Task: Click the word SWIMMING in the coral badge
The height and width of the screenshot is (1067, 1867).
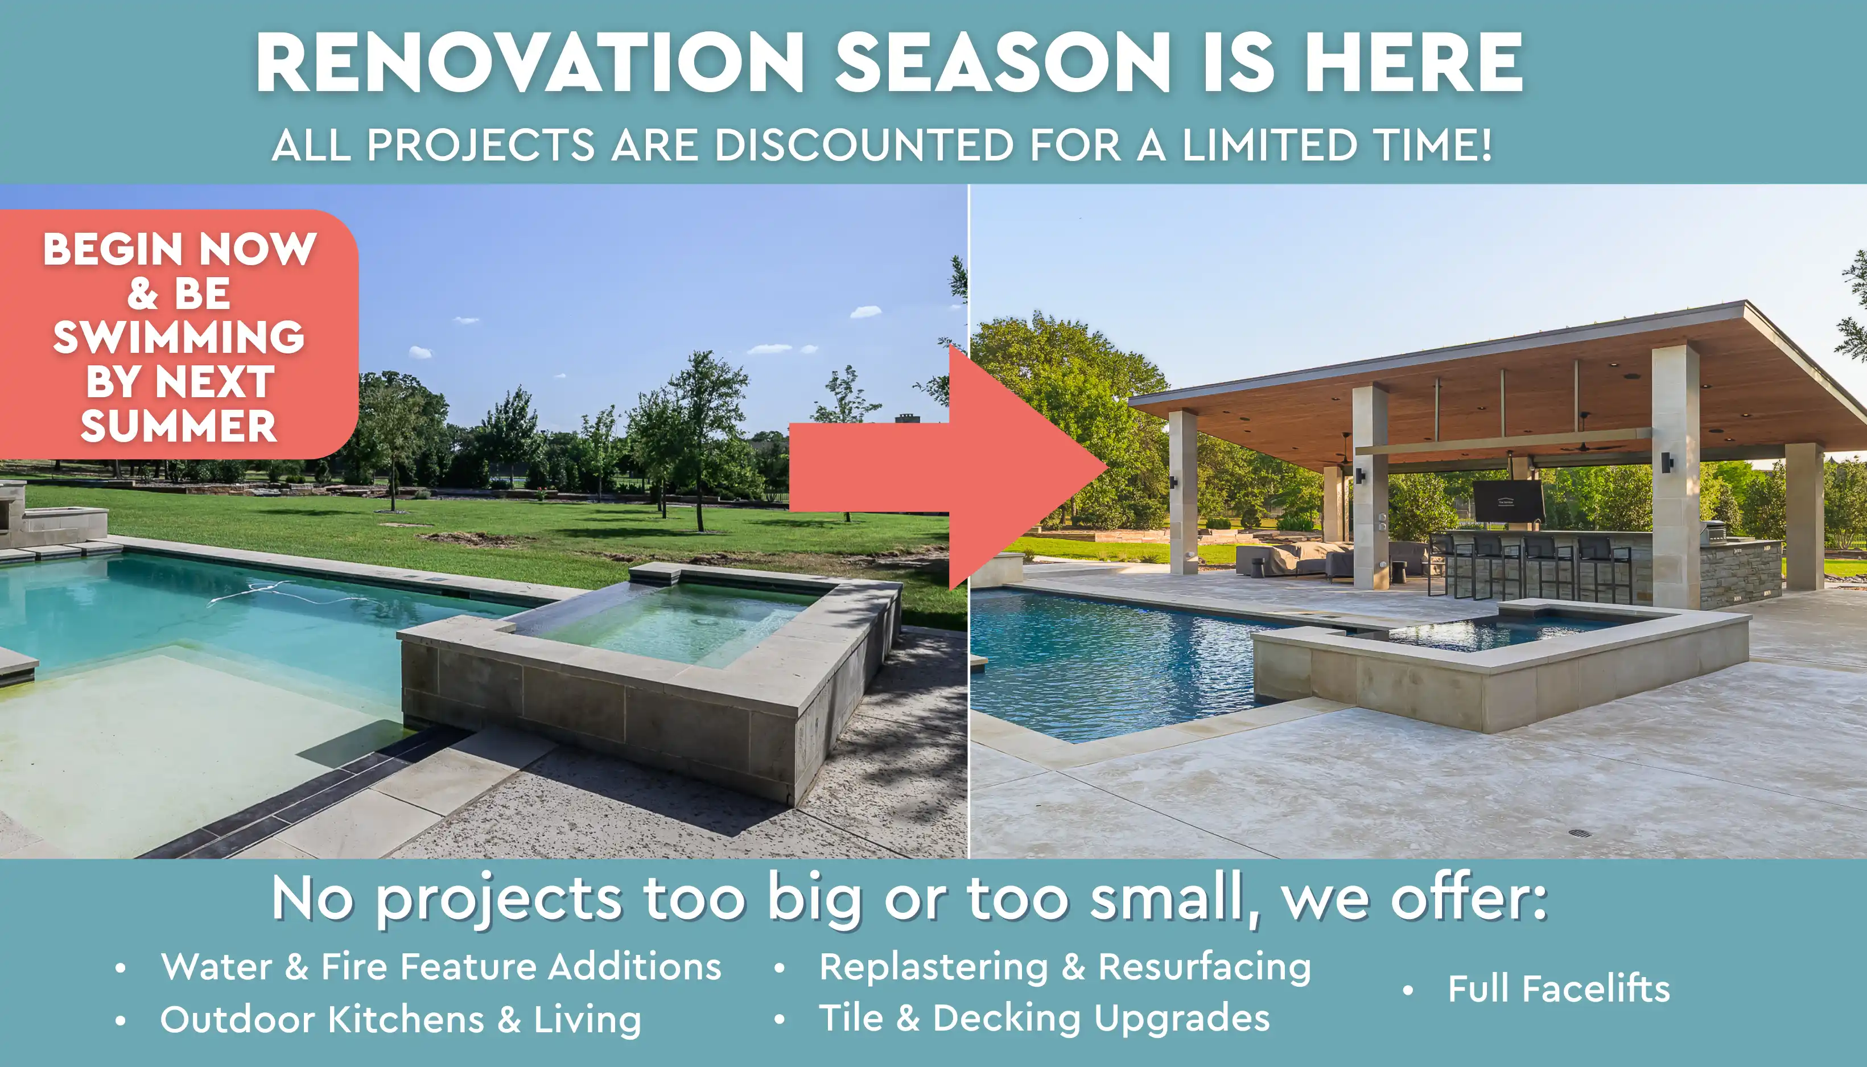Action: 179,337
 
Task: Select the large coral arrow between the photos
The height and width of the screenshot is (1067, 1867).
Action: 949,467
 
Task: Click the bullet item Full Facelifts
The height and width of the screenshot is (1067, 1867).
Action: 1559,988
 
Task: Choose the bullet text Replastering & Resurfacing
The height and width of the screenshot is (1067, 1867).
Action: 1065,967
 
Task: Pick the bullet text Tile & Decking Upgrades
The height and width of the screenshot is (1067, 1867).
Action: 1044,1019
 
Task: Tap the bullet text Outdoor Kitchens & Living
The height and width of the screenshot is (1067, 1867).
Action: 401,1019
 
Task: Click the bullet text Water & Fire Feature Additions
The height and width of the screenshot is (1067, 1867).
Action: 441,967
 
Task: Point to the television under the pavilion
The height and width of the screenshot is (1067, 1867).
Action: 1509,502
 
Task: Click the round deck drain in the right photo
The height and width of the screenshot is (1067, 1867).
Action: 1579,833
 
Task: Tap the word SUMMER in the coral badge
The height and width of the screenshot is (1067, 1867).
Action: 179,426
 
